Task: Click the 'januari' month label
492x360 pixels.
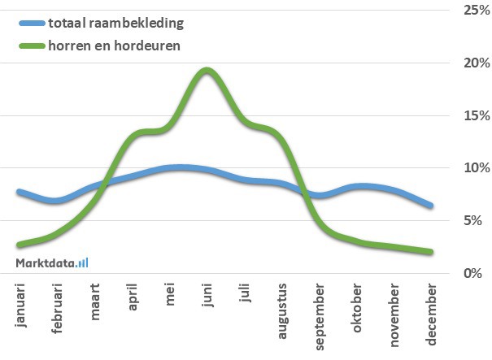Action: tap(20, 305)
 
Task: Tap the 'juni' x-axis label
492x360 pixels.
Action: tap(207, 296)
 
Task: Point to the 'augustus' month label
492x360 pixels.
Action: tap(282, 310)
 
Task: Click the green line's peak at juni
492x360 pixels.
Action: tap(207, 70)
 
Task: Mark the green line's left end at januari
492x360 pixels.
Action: tap(20, 244)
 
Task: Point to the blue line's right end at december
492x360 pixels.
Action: tap(430, 206)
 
